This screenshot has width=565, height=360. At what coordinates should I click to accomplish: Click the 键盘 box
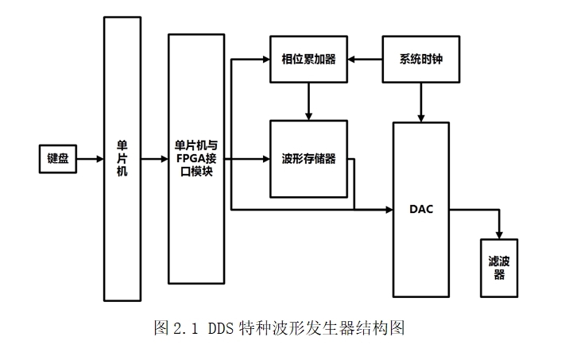pyautogui.click(x=57, y=159)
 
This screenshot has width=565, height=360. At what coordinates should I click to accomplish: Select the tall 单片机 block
pyautogui.click(x=122, y=159)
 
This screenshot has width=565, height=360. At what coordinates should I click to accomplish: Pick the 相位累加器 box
pyautogui.click(x=308, y=59)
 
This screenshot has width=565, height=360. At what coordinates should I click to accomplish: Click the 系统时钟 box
pyautogui.click(x=420, y=59)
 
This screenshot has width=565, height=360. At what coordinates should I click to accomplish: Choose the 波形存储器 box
pyautogui.click(x=308, y=159)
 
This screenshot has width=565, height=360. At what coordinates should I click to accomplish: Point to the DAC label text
pyautogui.click(x=420, y=209)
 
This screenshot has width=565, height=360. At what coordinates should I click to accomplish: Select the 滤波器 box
pyautogui.click(x=499, y=269)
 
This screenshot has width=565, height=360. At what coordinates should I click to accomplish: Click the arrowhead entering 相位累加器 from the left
pyautogui.click(x=265, y=59)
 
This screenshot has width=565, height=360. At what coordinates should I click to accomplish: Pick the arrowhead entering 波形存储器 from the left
pyautogui.click(x=265, y=159)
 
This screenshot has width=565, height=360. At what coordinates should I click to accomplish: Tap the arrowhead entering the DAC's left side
pyautogui.click(x=389, y=209)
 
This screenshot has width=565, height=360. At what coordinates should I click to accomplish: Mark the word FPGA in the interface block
pyautogui.click(x=190, y=159)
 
